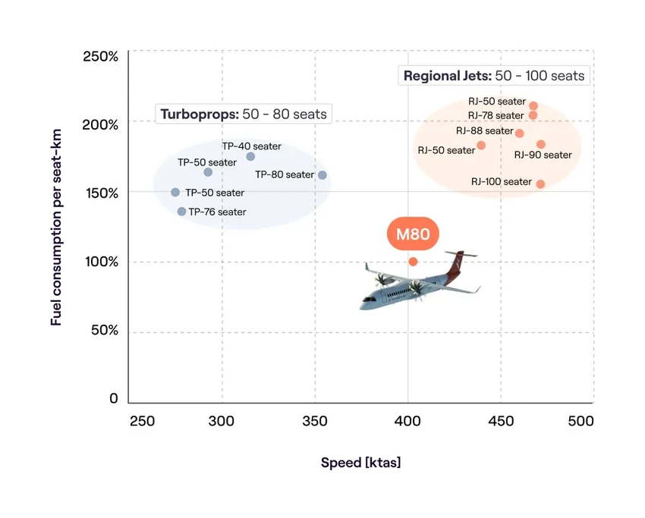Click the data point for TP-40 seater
click(x=250, y=156)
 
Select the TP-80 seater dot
click(x=322, y=175)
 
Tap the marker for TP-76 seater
click(x=181, y=212)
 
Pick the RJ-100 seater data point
click(x=540, y=184)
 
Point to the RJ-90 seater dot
click(x=541, y=144)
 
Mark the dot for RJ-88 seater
click(x=519, y=133)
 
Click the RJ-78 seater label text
click(x=496, y=115)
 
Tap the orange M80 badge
click(x=413, y=234)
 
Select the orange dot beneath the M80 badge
click(x=413, y=262)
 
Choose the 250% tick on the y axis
click(x=101, y=57)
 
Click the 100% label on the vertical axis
click(x=101, y=262)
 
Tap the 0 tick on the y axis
click(x=114, y=399)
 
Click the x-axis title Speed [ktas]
click(x=360, y=463)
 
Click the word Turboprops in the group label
click(x=197, y=115)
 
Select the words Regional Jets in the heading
click(x=446, y=76)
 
